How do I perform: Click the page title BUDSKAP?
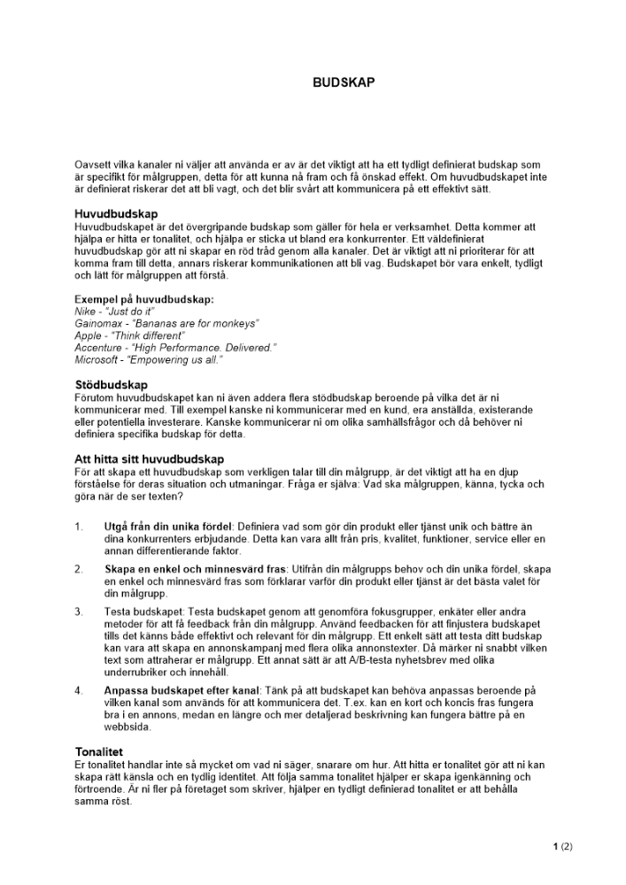coord(344,82)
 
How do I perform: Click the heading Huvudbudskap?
coord(116,214)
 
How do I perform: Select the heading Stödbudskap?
coord(111,385)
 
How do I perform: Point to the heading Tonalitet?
coord(98,751)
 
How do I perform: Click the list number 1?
coord(79,527)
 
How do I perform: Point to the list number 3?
coord(79,612)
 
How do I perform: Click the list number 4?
coord(79,689)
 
